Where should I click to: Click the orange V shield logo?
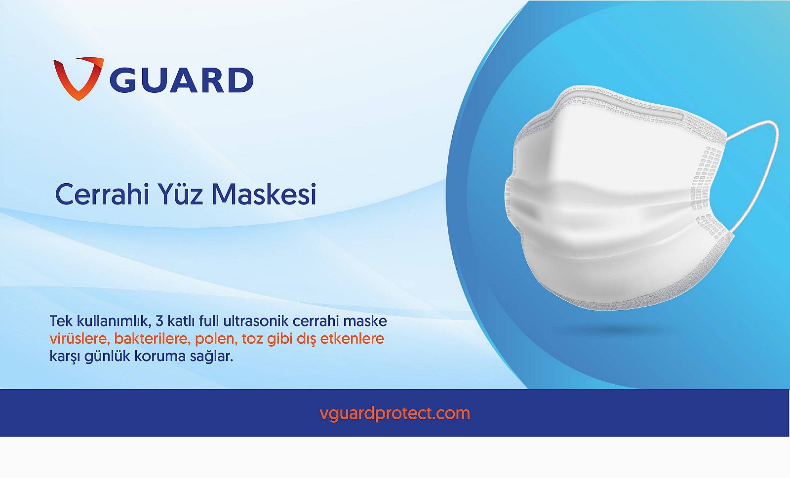78,78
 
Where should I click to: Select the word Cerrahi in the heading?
102,194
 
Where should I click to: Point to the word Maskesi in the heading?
264,194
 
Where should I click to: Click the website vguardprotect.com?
395,413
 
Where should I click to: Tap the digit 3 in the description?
159,321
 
